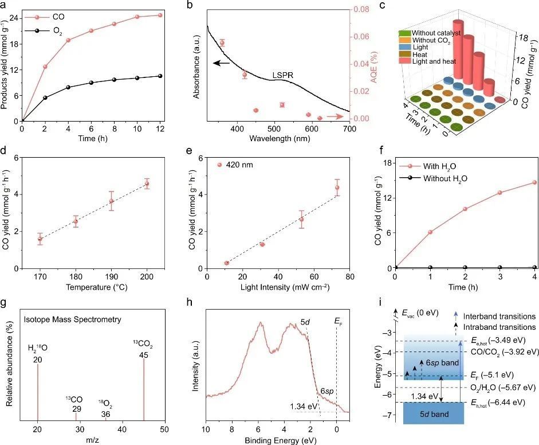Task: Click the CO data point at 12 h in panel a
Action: coord(160,15)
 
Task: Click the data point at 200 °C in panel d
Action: coord(147,184)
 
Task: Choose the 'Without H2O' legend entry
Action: coord(443,178)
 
